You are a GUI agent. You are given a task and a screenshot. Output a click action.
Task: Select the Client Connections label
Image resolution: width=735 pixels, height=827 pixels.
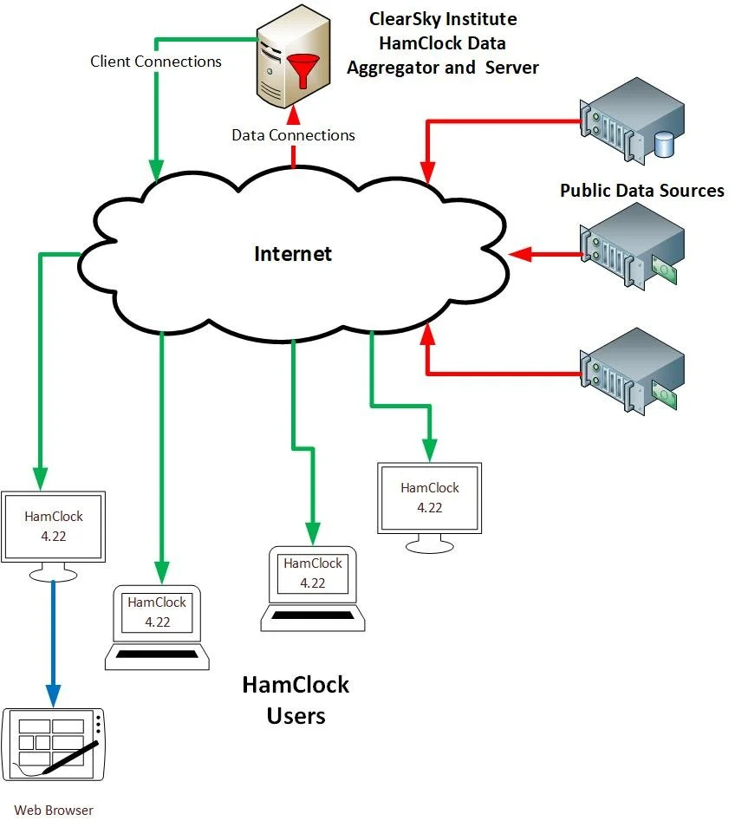[x=156, y=62]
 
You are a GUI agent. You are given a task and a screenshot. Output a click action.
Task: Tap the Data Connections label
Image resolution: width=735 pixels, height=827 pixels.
[x=293, y=135]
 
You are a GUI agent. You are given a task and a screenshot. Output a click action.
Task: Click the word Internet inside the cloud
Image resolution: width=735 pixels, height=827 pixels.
[x=293, y=254]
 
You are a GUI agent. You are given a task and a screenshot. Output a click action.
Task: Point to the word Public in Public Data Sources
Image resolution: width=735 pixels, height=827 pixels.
[x=585, y=191]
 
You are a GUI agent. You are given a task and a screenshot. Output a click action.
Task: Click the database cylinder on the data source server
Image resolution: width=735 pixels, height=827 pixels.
[x=664, y=143]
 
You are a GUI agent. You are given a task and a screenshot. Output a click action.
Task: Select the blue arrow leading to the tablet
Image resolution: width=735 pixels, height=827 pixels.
[x=54, y=641]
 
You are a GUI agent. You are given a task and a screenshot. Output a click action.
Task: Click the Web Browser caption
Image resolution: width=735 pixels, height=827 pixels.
[x=54, y=811]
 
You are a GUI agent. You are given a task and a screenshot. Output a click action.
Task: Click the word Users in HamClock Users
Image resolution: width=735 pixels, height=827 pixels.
[x=296, y=716]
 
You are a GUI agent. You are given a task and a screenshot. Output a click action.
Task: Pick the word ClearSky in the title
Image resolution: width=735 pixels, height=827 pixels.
[x=403, y=18]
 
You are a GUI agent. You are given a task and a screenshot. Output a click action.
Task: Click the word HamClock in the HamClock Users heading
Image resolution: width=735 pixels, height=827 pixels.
[x=296, y=685]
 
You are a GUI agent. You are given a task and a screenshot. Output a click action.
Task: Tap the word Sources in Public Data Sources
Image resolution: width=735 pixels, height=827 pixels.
[x=690, y=191]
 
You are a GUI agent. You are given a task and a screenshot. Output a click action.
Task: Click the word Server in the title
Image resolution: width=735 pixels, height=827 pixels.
[x=513, y=67]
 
